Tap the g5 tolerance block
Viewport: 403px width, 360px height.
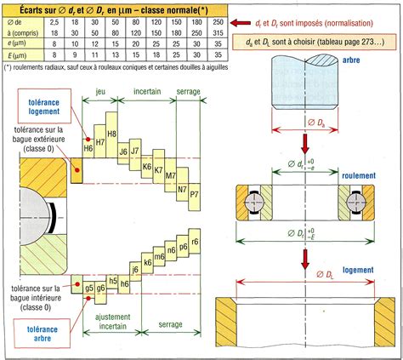click(88, 287)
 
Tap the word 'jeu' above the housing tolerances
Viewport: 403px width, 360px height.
click(101, 89)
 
